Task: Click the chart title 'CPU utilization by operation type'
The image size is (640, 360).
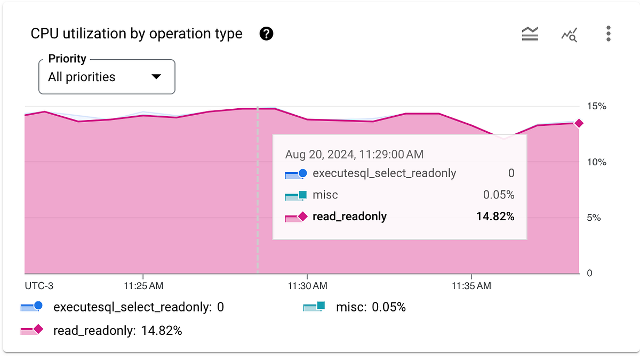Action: pyautogui.click(x=137, y=34)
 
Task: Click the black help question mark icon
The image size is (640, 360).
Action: pyautogui.click(x=266, y=34)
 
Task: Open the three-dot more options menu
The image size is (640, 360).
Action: pyautogui.click(x=608, y=34)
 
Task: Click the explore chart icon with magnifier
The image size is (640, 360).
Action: pyautogui.click(x=569, y=35)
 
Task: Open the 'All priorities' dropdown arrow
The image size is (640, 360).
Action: pyautogui.click(x=156, y=77)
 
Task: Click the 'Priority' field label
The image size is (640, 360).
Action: pyautogui.click(x=67, y=59)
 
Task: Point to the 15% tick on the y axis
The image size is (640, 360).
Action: pyautogui.click(x=597, y=106)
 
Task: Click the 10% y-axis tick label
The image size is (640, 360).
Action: pyautogui.click(x=597, y=162)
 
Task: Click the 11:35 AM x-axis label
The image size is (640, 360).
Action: pyautogui.click(x=470, y=286)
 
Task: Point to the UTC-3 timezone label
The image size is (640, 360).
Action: pyautogui.click(x=39, y=286)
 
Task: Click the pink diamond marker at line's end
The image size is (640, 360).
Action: pyautogui.click(x=579, y=124)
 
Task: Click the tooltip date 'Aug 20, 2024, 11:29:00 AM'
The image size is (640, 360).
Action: pyautogui.click(x=354, y=155)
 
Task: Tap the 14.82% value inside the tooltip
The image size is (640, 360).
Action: pyautogui.click(x=495, y=217)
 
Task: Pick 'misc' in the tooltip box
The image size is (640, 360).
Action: pyautogui.click(x=325, y=195)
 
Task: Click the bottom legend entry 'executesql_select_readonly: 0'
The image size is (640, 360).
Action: pyautogui.click(x=138, y=307)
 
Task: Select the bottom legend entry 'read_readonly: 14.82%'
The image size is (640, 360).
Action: pyautogui.click(x=117, y=331)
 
